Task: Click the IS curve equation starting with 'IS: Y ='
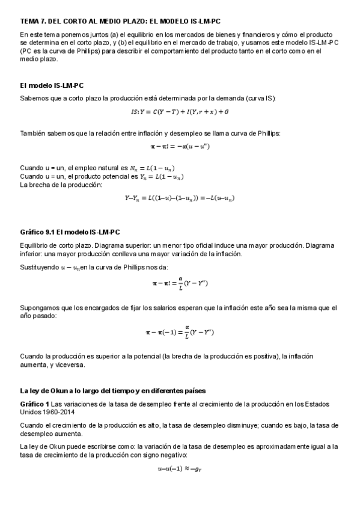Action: tap(180, 112)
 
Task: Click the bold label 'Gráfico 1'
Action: tap(34, 403)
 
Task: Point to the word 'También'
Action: tap(33, 133)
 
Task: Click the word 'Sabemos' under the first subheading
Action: tap(34, 97)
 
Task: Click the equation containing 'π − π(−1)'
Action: tap(180, 331)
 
